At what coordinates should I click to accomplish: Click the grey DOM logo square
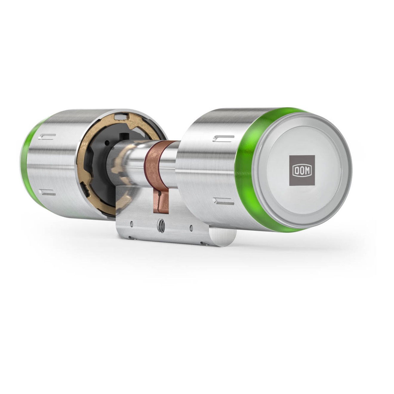(302, 170)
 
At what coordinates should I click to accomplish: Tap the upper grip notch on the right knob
(223, 138)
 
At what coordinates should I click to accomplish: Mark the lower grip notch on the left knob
(47, 192)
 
